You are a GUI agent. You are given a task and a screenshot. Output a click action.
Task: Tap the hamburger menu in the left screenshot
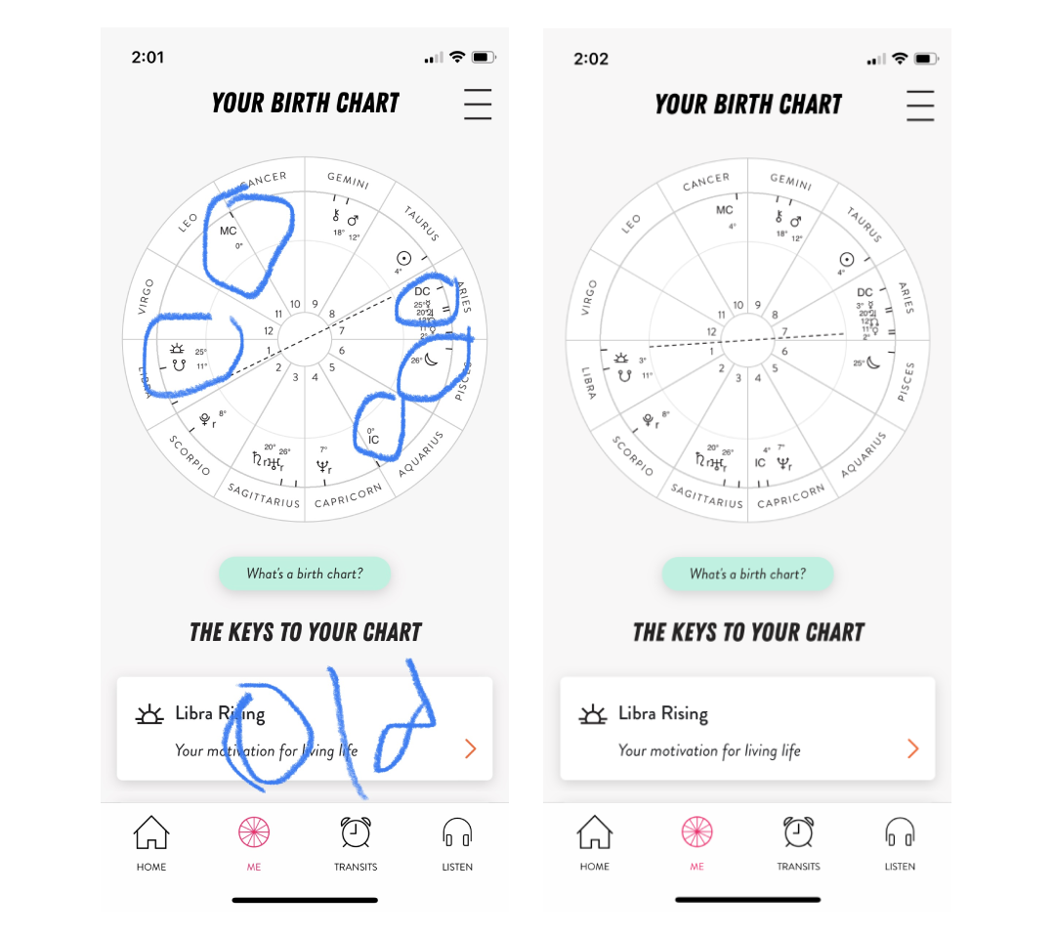click(x=478, y=104)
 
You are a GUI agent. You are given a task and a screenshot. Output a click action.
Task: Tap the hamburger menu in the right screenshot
click(x=920, y=105)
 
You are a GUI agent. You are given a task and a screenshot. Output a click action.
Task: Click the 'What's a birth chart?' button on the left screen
click(x=305, y=574)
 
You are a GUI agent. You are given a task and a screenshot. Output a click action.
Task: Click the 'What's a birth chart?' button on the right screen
click(x=747, y=575)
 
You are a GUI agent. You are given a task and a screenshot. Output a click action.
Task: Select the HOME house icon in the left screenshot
click(x=151, y=833)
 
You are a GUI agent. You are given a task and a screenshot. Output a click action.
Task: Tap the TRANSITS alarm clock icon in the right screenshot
click(x=798, y=832)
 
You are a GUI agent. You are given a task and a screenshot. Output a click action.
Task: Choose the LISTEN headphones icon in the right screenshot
click(x=900, y=832)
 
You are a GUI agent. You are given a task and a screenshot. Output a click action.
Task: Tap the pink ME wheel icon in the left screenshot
click(x=254, y=832)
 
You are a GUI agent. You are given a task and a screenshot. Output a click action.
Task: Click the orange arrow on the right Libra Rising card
click(x=912, y=748)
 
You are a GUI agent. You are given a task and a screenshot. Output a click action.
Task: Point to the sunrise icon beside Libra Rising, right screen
click(x=593, y=714)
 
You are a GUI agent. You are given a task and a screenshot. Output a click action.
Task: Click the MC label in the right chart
click(x=724, y=210)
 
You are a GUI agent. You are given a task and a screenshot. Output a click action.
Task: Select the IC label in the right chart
click(x=760, y=463)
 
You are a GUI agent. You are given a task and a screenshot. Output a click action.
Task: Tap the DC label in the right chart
click(x=865, y=292)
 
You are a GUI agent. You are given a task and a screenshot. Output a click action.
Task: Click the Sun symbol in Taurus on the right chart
click(x=847, y=259)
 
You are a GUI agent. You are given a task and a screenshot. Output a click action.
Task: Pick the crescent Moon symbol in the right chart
click(x=874, y=362)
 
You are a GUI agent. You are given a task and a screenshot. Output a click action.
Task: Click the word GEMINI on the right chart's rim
click(x=790, y=182)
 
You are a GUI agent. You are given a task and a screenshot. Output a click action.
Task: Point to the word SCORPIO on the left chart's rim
click(x=190, y=455)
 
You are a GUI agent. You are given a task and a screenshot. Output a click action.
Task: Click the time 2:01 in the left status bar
click(x=148, y=58)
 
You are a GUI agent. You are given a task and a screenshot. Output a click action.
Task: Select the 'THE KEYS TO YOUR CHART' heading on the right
click(x=748, y=632)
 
